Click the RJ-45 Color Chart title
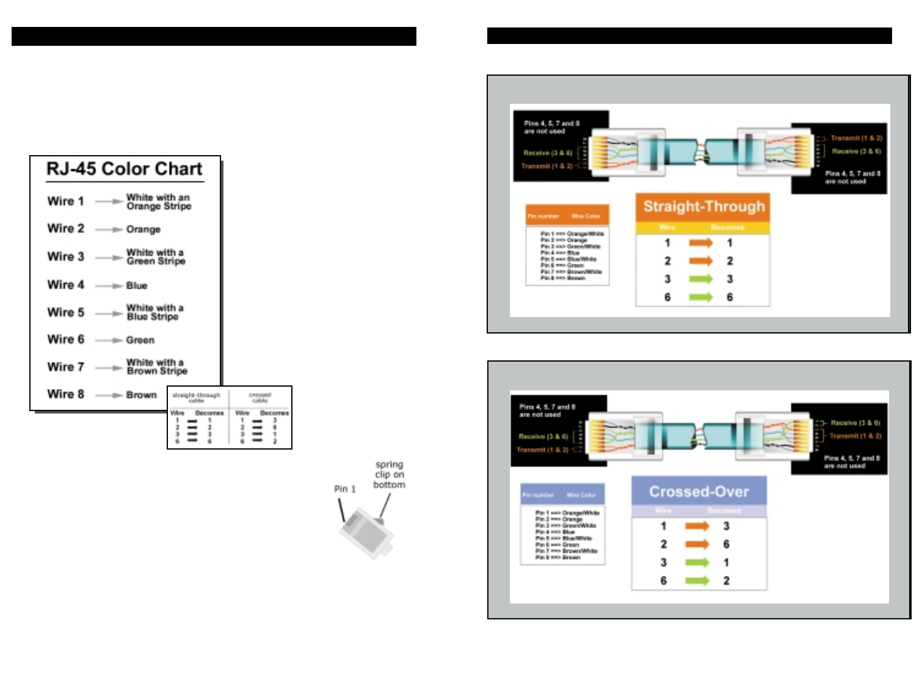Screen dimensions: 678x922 (125, 169)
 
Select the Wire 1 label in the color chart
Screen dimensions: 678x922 (65, 201)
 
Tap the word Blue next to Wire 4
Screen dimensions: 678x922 (137, 286)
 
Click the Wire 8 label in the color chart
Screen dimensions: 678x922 (65, 394)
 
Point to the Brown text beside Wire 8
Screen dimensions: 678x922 (142, 395)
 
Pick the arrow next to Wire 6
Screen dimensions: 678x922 (109, 340)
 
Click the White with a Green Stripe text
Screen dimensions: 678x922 (155, 257)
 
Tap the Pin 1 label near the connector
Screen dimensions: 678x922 (344, 489)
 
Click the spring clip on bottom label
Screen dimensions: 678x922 (389, 475)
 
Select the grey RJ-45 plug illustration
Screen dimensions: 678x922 (366, 533)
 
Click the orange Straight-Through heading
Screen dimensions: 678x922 (703, 206)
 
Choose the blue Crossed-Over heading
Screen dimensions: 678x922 (699, 492)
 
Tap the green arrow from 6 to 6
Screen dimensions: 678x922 (700, 297)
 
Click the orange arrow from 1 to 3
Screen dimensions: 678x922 (697, 526)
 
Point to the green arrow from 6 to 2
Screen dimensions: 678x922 (697, 581)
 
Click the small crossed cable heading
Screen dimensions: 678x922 (260, 398)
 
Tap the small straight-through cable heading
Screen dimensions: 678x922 (196, 398)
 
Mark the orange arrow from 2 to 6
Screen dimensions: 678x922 (697, 544)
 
